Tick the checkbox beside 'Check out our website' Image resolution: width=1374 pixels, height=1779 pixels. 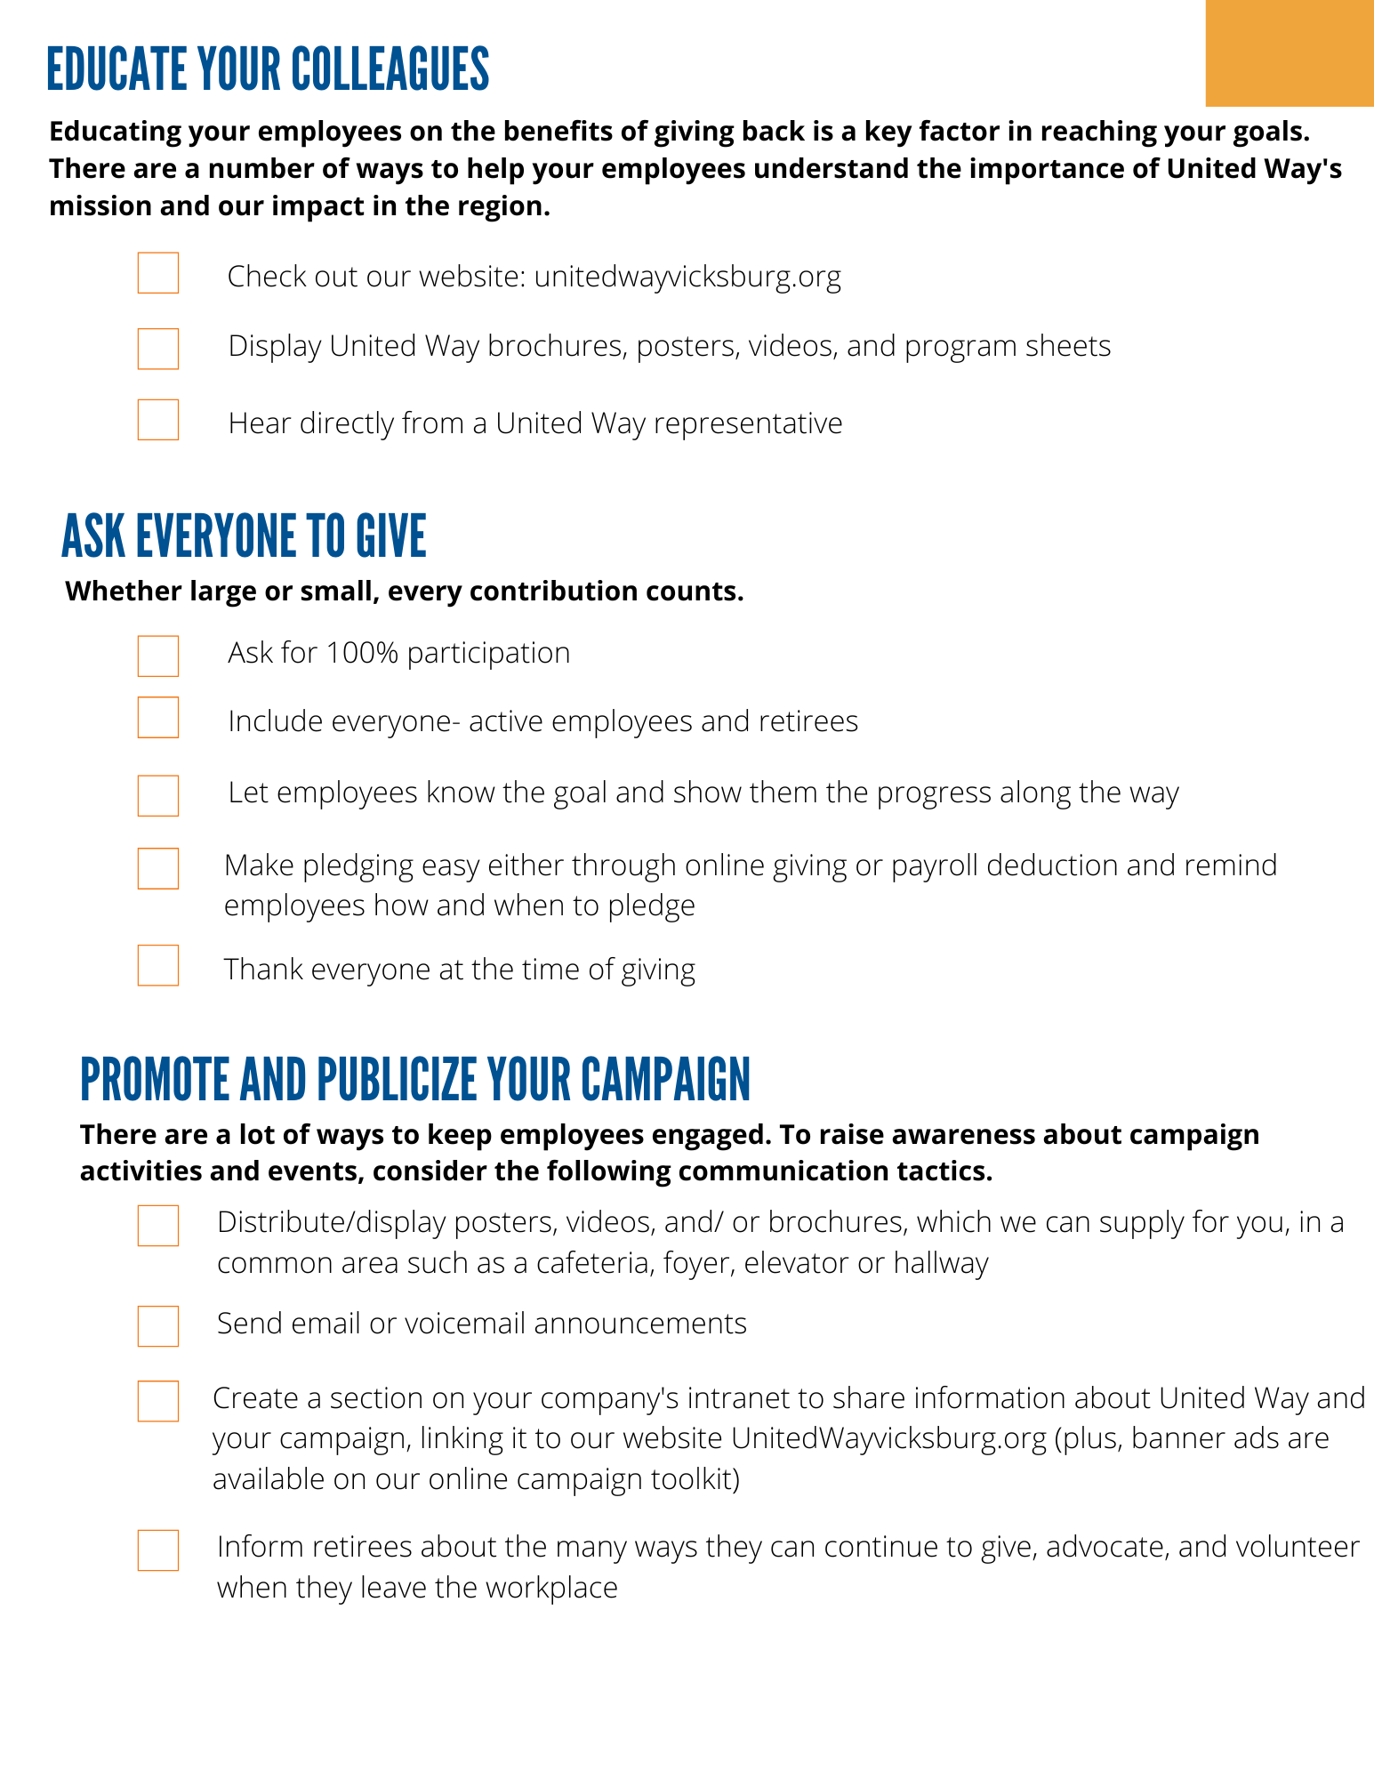click(158, 273)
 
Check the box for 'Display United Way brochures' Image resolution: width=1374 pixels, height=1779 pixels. click(158, 349)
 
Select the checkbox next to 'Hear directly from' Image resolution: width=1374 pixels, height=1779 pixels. click(158, 420)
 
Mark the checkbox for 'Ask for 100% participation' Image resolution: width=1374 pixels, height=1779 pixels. click(158, 656)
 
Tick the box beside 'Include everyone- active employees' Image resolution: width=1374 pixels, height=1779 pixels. click(158, 718)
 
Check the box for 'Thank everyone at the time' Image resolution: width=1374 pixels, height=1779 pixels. click(158, 965)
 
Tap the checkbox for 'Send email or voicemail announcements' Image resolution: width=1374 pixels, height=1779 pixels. click(158, 1325)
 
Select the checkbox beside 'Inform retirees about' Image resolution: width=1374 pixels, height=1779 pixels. click(158, 1550)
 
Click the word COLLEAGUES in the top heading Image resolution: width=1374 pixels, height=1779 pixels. click(390, 70)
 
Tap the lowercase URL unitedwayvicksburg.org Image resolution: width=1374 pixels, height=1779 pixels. click(687, 277)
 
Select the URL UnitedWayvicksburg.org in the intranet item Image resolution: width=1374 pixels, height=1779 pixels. click(888, 1438)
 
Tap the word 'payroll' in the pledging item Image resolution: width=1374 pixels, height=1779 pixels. click(935, 865)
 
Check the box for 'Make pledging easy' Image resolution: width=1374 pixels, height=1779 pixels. click(158, 868)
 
